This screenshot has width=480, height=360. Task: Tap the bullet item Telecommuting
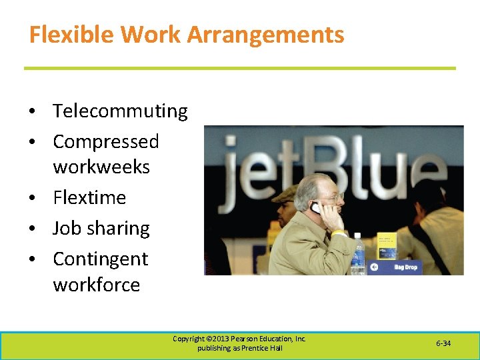click(120, 111)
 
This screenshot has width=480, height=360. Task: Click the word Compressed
click(105, 141)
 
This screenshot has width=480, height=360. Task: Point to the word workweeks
click(101, 167)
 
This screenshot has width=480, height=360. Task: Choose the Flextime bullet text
click(89, 197)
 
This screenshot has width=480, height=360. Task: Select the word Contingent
click(100, 259)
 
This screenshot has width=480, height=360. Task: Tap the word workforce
click(97, 285)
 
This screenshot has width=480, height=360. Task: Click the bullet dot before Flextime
click(31, 198)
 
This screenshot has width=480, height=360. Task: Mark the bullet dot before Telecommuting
click(31, 111)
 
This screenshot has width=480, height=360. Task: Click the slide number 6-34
click(443, 343)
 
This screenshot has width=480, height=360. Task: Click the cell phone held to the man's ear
click(317, 207)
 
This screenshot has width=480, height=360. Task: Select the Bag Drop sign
click(399, 267)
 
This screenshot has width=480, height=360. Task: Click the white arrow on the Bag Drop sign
click(375, 267)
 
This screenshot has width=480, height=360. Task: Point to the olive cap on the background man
click(285, 193)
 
